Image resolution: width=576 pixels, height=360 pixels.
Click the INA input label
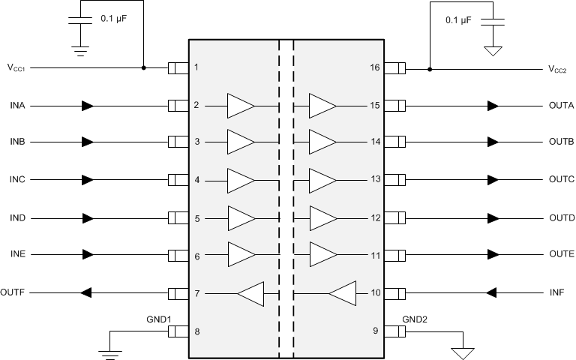click(17, 106)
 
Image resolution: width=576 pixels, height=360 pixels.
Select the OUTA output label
click(561, 106)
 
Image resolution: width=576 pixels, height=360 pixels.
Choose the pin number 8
click(196, 331)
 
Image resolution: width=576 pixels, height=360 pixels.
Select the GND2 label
click(414, 319)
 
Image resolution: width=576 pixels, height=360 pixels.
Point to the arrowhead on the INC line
click(88, 180)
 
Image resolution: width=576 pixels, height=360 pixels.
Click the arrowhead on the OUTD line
click(493, 218)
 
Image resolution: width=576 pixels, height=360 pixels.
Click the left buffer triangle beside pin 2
click(241, 106)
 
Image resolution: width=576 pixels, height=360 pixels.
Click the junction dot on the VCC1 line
click(143, 68)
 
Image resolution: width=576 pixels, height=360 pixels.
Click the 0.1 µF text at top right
click(458, 20)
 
